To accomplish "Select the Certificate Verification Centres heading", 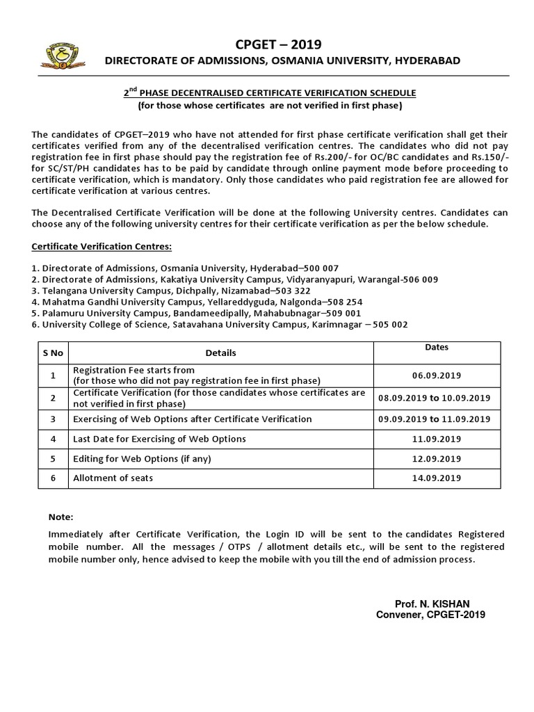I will click(102, 247).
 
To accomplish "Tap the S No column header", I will click(53, 353).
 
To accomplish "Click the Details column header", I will click(220, 353).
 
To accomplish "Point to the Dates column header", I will click(436, 347).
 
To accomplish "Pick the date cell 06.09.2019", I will click(436, 375).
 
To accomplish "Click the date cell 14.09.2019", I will click(436, 478).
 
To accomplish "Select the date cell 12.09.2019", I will click(436, 459).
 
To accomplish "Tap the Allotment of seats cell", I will click(113, 478).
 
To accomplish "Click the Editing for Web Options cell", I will click(141, 459).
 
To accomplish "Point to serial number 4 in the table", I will click(53, 439).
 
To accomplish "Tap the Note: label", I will click(60, 517).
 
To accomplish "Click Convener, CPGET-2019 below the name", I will click(430, 615).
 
